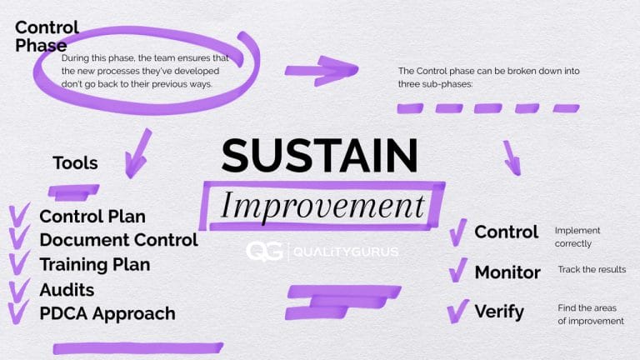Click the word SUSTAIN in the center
[320, 156]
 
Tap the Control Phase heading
[47, 35]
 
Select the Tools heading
[75, 162]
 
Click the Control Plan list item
[92, 217]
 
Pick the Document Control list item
[118, 240]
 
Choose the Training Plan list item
[95, 264]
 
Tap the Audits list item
[67, 289]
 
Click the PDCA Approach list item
[107, 313]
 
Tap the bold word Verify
[499, 312]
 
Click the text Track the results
[592, 270]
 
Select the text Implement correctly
[577, 237]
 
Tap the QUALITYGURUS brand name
[345, 252]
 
